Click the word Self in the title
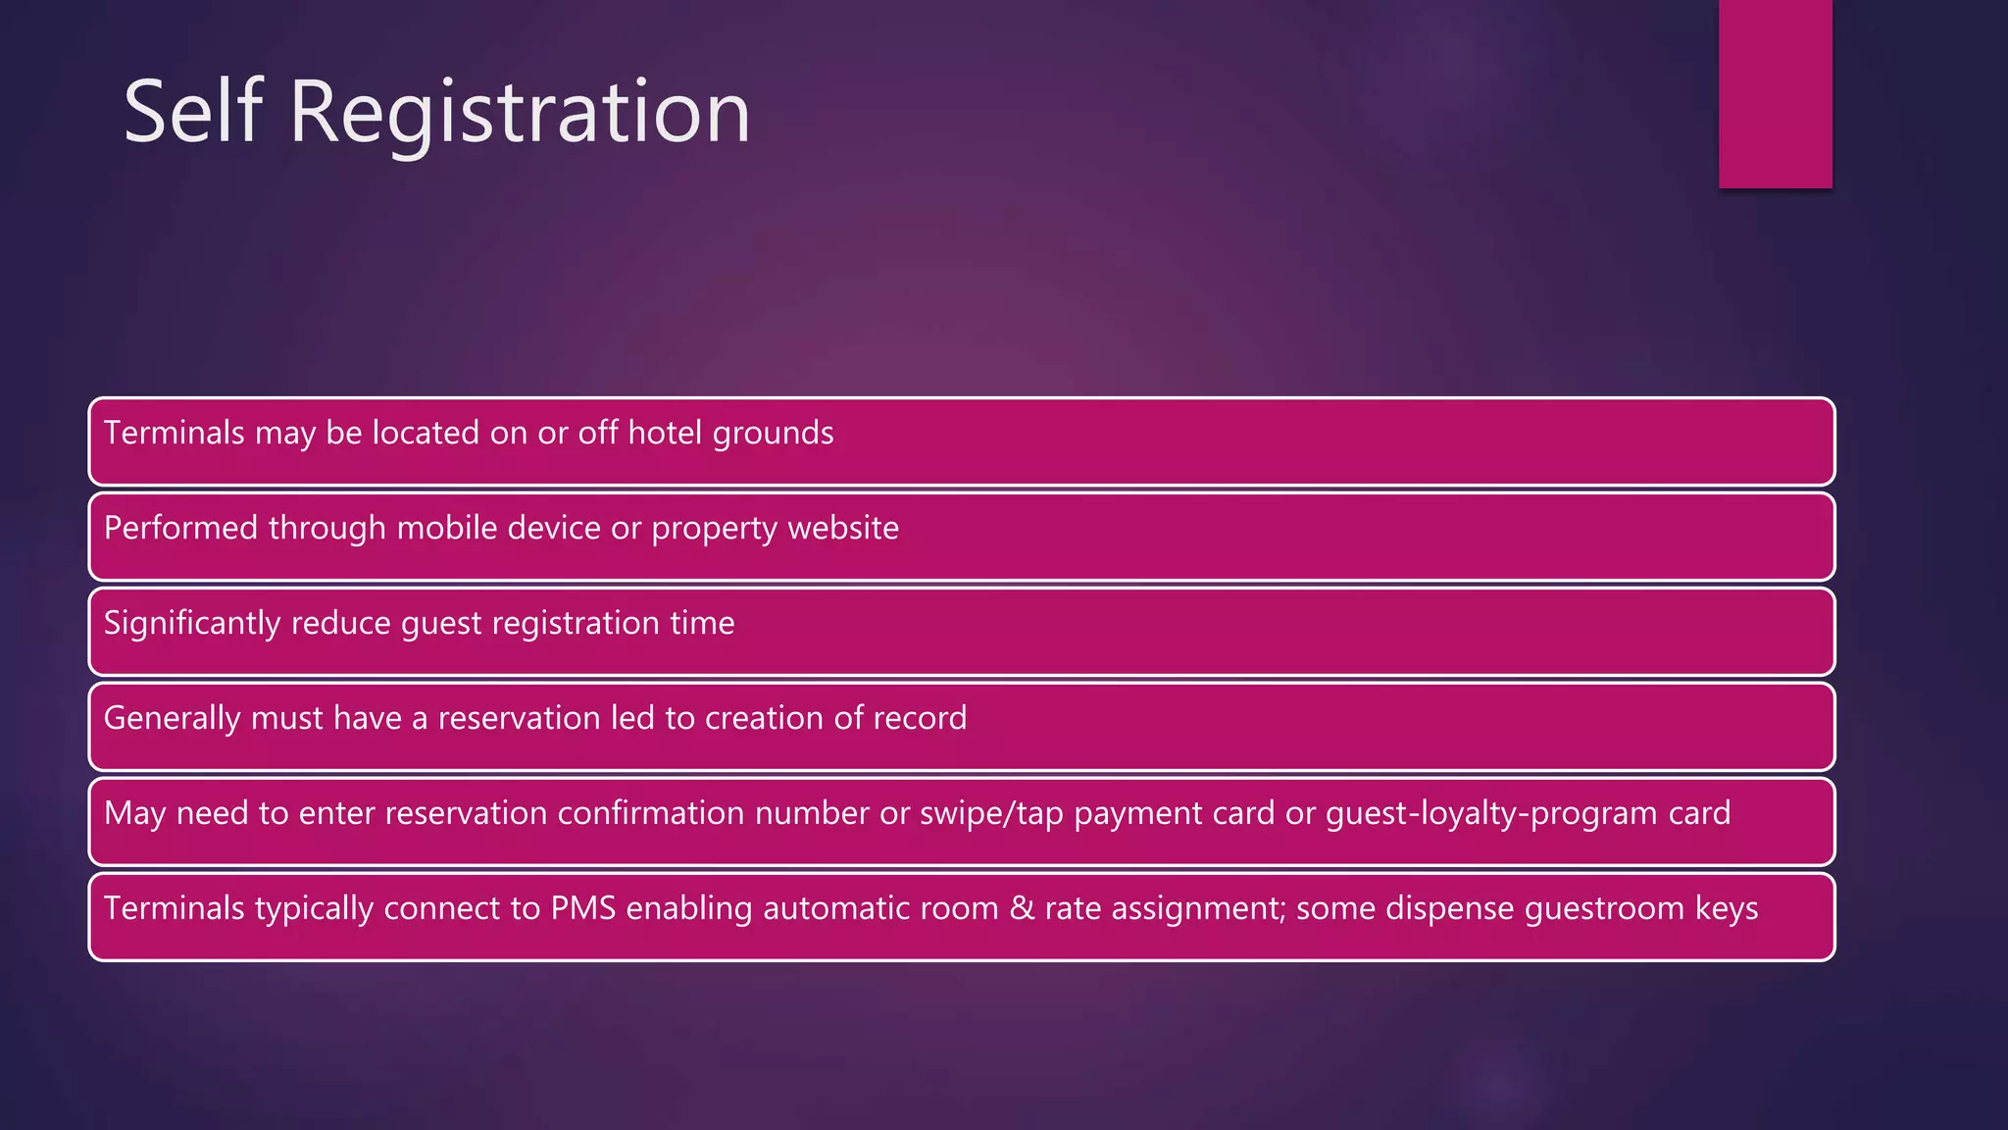coord(193,112)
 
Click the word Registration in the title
coord(520,116)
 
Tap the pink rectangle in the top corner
coord(1775,93)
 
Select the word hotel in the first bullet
coord(665,433)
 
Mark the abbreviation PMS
coord(582,908)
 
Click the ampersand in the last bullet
coord(1022,908)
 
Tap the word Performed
coord(181,528)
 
